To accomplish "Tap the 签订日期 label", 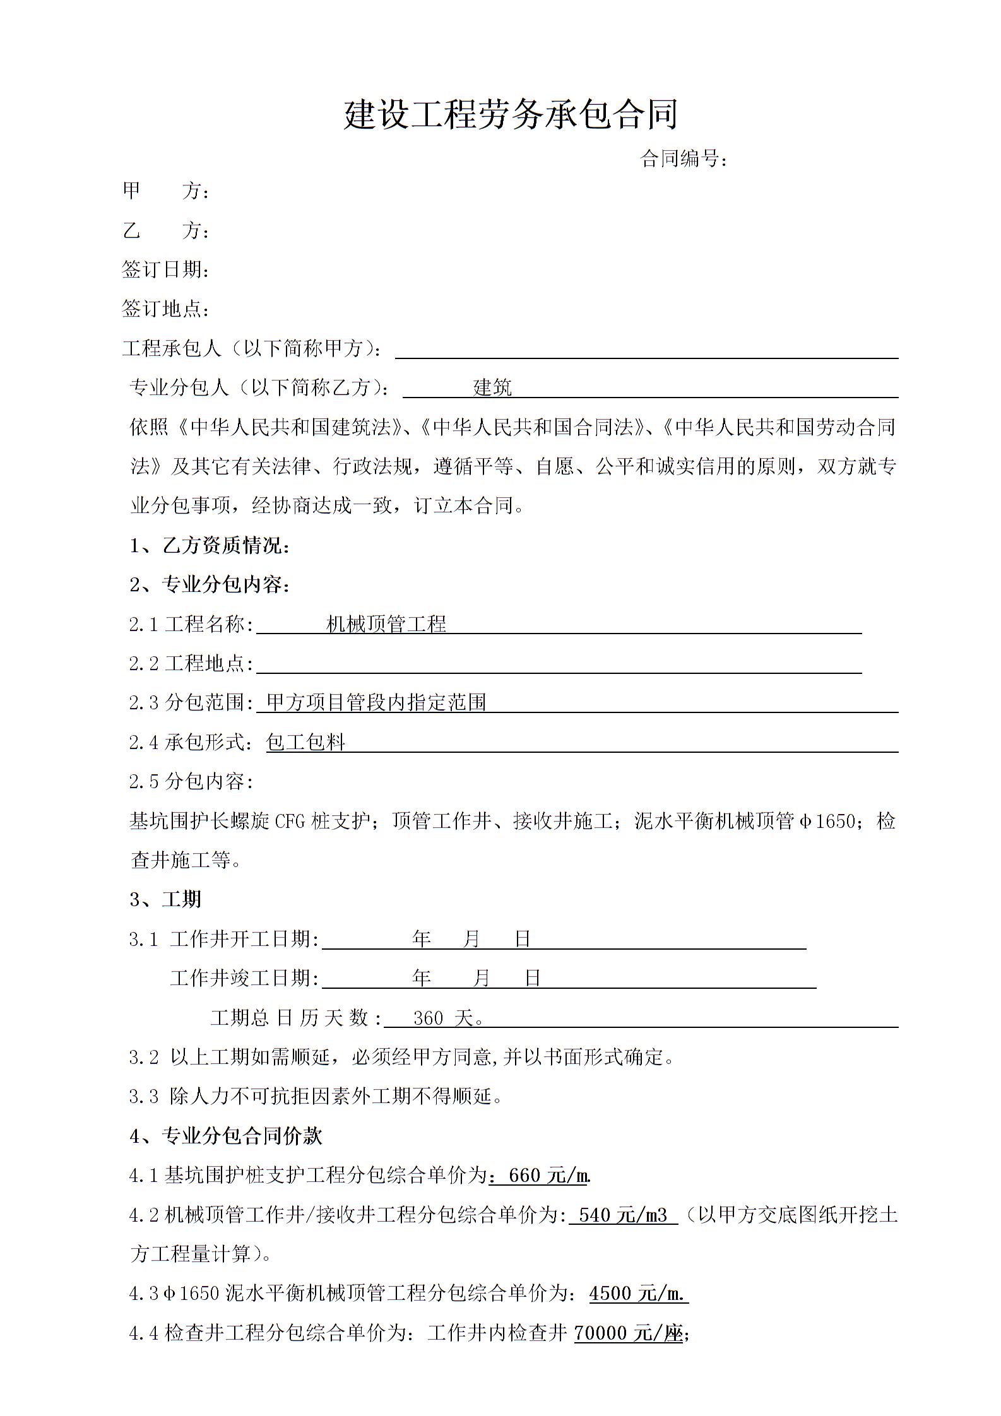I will pyautogui.click(x=165, y=270).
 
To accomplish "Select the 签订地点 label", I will pyautogui.click(x=165, y=309).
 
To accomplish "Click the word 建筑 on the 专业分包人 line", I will pyautogui.click(x=492, y=387).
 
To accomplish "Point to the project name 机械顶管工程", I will pyautogui.click(x=386, y=624).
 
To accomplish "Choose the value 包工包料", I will pyautogui.click(x=306, y=742).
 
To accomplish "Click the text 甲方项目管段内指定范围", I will pyautogui.click(x=376, y=702).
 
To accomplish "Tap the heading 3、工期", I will pyautogui.click(x=165, y=899).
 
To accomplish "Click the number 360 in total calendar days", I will pyautogui.click(x=429, y=1018).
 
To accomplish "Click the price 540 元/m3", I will pyautogui.click(x=623, y=1215).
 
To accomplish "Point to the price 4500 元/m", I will pyautogui.click(x=637, y=1294).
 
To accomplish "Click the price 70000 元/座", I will pyautogui.click(x=629, y=1333).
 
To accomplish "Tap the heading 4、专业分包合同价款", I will pyautogui.click(x=226, y=1136).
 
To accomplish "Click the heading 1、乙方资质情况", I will pyautogui.click(x=210, y=545).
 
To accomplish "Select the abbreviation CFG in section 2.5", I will pyautogui.click(x=290, y=821).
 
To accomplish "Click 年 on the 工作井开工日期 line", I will pyautogui.click(x=421, y=939).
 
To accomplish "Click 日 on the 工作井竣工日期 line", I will pyautogui.click(x=533, y=978).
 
